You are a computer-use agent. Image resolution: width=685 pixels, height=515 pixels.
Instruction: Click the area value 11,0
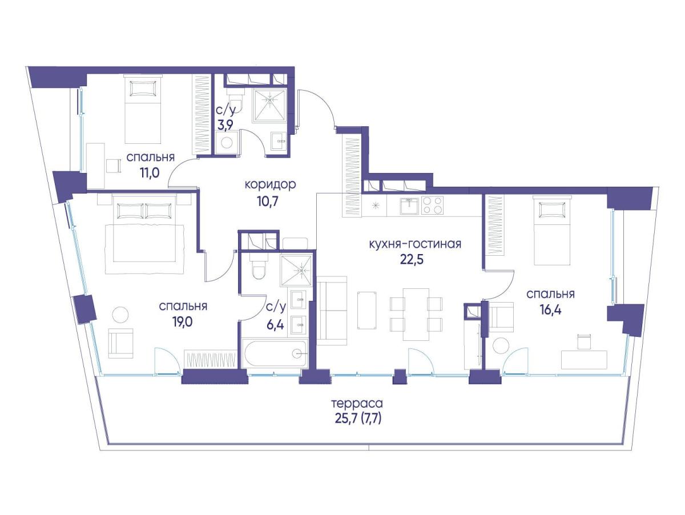150,172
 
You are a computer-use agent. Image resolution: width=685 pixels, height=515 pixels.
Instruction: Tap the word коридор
270,185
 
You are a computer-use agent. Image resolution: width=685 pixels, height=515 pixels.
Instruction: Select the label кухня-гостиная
415,244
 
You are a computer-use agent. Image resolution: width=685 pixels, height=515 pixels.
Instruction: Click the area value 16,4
550,310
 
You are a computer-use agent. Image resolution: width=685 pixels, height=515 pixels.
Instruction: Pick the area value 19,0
183,322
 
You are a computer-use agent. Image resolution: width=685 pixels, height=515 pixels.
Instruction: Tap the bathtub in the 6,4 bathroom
275,353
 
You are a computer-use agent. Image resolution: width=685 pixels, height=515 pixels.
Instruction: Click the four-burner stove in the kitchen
432,205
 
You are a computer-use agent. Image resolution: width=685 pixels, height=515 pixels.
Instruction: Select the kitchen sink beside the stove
409,206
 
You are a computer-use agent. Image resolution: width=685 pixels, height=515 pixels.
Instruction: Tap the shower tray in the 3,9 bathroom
269,104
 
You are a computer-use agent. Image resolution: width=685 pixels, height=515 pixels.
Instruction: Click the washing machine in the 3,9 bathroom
227,142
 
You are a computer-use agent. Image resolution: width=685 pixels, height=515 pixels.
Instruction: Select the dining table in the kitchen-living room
416,314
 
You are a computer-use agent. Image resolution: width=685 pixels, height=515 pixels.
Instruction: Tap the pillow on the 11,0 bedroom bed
143,88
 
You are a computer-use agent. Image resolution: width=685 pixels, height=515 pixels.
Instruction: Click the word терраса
357,404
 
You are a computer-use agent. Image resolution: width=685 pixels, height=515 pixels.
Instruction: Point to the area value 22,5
412,260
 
